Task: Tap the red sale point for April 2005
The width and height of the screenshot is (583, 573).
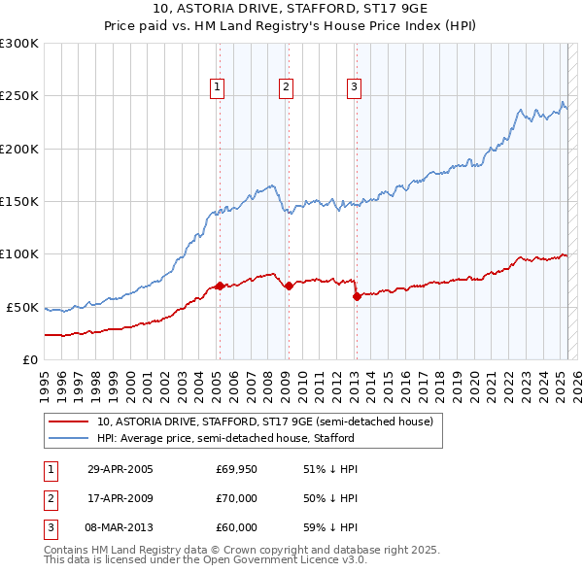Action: pyautogui.click(x=220, y=286)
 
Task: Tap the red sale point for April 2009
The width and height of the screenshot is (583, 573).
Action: pyautogui.click(x=289, y=286)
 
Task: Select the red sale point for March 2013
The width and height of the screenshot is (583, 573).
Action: pyautogui.click(x=356, y=296)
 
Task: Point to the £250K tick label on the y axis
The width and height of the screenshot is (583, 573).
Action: pyautogui.click(x=18, y=96)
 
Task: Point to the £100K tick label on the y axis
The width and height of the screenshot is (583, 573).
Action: pyautogui.click(x=18, y=254)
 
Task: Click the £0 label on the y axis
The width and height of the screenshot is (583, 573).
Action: pyautogui.click(x=28, y=359)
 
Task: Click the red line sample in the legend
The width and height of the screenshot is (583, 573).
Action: pyautogui.click(x=69, y=422)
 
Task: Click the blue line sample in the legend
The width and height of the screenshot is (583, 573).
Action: pyautogui.click(x=69, y=438)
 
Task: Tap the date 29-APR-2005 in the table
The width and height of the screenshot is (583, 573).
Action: pyautogui.click(x=120, y=469)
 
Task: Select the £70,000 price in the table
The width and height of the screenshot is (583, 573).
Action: pyautogui.click(x=236, y=498)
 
